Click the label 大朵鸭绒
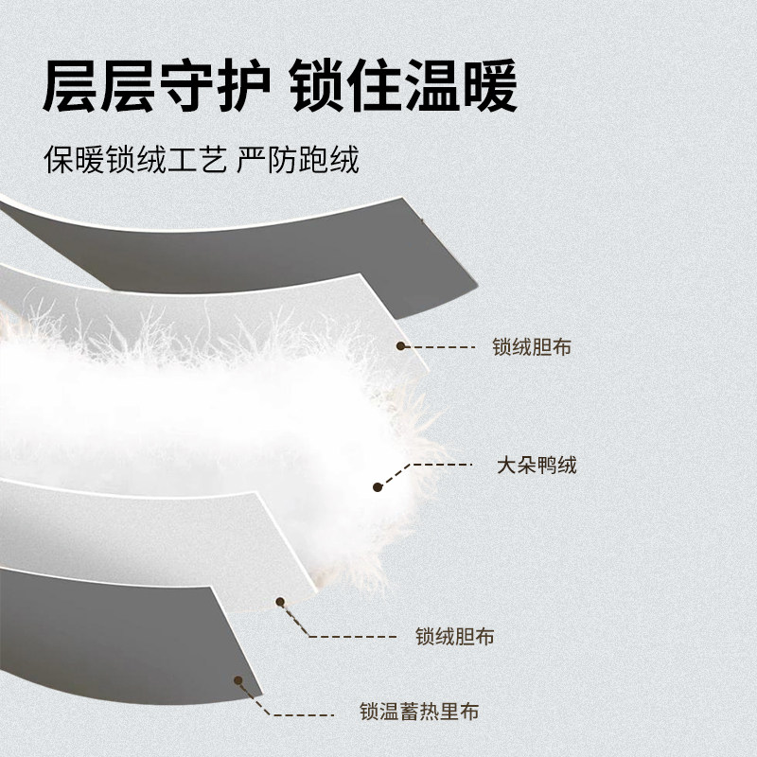537,466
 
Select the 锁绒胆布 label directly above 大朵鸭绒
532,347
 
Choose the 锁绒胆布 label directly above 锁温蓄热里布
455,637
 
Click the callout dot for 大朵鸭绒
378,487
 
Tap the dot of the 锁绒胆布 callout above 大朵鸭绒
400,346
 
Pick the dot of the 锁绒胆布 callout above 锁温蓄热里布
281,600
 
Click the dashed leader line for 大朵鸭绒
431,466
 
